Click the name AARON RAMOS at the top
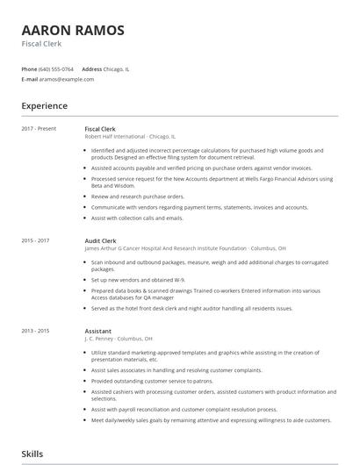click(x=73, y=30)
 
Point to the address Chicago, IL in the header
click(x=115, y=68)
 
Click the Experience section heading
click(x=45, y=106)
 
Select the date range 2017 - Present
click(x=39, y=129)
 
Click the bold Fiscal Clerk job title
click(x=100, y=129)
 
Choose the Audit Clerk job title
click(x=99, y=240)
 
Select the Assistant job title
click(x=97, y=330)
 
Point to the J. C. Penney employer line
click(x=119, y=338)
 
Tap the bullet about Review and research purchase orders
click(x=138, y=197)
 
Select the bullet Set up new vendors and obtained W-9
click(x=137, y=280)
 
